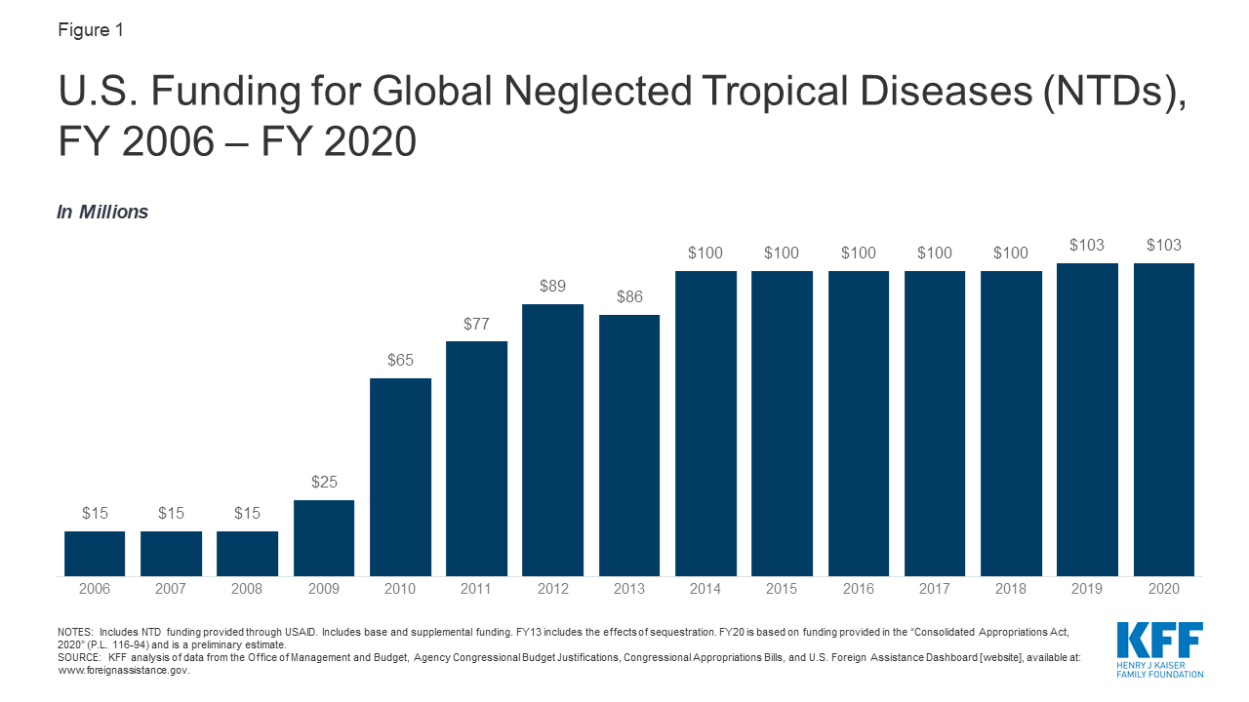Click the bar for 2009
tap(324, 538)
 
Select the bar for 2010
tap(400, 477)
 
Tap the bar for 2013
tap(629, 446)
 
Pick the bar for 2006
tap(95, 554)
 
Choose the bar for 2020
tap(1163, 419)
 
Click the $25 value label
tap(324, 482)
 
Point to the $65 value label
tap(400, 360)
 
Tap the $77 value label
tap(476, 323)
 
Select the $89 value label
tap(552, 286)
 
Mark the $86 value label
tap(629, 296)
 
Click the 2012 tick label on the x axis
tap(552, 590)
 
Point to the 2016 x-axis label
tap(859, 590)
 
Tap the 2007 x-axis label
tap(171, 590)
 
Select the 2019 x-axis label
tap(1087, 590)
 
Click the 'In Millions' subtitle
tap(103, 212)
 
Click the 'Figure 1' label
tap(91, 30)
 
